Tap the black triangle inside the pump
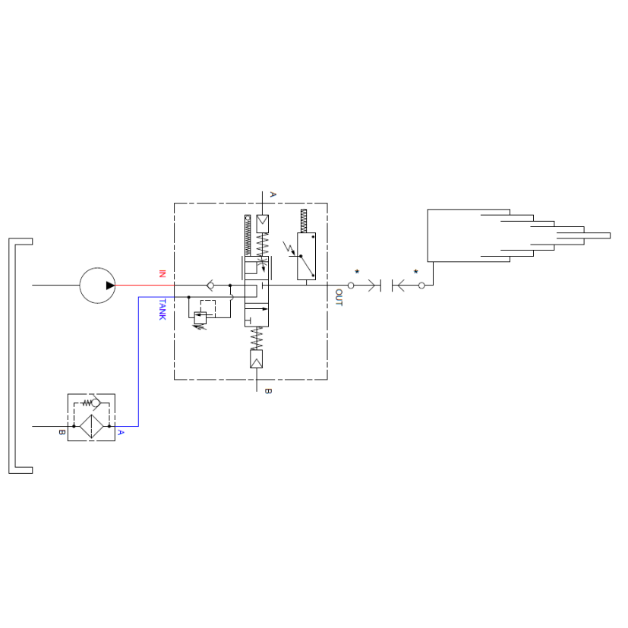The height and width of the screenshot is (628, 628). (x=110, y=286)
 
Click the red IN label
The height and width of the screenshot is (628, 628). (x=163, y=274)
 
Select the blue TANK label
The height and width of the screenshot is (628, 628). (x=163, y=309)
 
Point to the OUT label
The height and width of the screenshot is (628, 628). (x=339, y=298)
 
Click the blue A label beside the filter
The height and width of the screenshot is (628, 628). (x=121, y=433)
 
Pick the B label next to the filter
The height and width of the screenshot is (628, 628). (x=62, y=433)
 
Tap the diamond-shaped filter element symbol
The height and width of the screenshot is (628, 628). (x=91, y=427)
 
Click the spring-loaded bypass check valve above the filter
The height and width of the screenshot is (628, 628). (x=91, y=402)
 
